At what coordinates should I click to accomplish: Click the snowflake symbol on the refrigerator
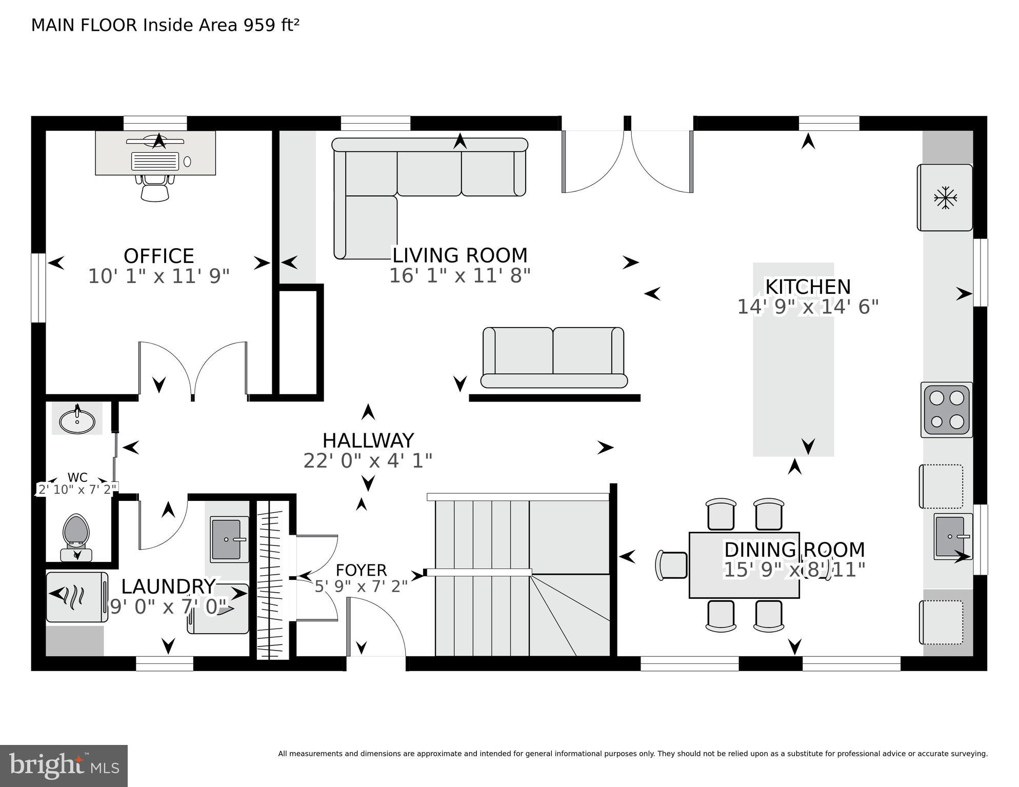tap(945, 198)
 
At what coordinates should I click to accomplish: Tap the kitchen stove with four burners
tap(947, 410)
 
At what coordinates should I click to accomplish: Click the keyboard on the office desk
tap(155, 161)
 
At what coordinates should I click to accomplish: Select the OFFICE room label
tap(159, 256)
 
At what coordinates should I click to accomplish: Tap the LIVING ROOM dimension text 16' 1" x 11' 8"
tap(459, 276)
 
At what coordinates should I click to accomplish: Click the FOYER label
tap(361, 570)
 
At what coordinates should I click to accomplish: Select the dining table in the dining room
tap(744, 565)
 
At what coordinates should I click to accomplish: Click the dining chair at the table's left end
tap(671, 566)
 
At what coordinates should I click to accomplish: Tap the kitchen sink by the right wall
tap(953, 536)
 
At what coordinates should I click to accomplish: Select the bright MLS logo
tap(64, 766)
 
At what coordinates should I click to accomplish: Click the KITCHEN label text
tap(808, 287)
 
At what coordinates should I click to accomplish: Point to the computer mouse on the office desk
tap(187, 162)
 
